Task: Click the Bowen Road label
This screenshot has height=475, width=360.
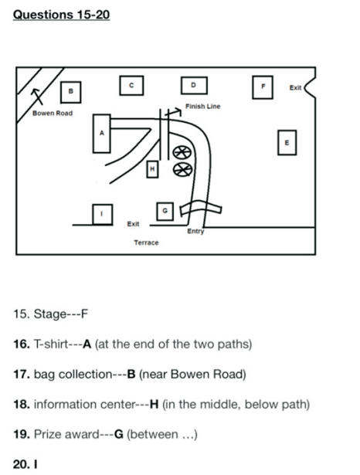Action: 53,114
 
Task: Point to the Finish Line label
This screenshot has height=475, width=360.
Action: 202,107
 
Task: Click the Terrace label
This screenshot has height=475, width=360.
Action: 146,243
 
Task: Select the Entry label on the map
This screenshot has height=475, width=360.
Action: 195,231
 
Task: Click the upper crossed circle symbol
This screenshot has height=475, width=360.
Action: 182,152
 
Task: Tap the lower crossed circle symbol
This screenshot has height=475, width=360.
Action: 182,169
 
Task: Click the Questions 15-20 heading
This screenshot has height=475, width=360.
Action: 61,15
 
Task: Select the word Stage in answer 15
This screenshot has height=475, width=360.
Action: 49,314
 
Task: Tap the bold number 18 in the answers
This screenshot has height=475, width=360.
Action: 22,405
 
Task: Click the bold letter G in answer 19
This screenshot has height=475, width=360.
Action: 119,434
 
